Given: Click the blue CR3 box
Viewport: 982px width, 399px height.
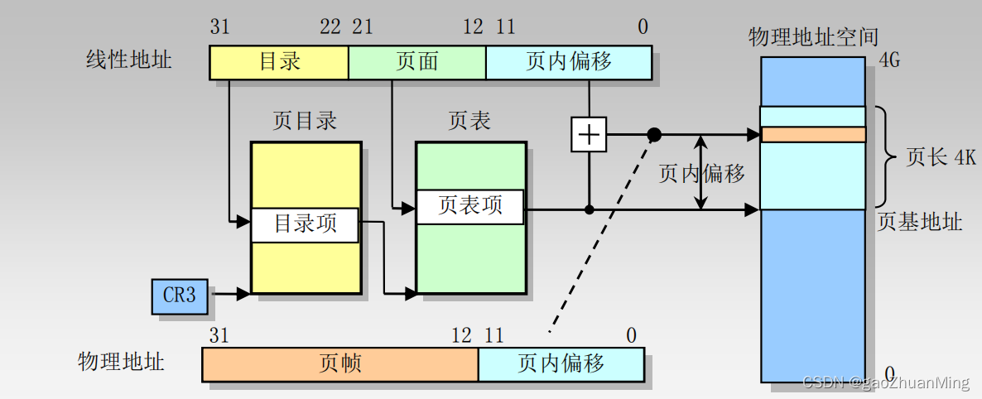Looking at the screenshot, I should click(180, 296).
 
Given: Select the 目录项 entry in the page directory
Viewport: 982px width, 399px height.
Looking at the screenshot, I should click(306, 224).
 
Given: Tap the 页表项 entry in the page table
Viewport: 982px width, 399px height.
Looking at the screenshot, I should click(470, 206).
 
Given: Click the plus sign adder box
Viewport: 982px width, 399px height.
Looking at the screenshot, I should click(588, 134).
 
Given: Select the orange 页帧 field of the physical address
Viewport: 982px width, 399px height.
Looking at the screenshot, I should click(339, 363).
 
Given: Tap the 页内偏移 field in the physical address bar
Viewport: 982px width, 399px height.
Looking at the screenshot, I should click(561, 363).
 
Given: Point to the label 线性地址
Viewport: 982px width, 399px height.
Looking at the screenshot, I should click(128, 60).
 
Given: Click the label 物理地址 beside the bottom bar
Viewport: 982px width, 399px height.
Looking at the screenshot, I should click(121, 363).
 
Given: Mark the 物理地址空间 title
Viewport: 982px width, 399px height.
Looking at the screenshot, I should click(813, 37).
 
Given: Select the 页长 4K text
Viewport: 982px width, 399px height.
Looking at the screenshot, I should click(940, 157).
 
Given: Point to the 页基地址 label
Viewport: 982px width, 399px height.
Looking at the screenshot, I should click(920, 222).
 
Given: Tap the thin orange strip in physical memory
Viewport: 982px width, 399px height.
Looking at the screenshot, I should click(812, 134).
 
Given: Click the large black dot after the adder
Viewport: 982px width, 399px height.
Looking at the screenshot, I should click(654, 134).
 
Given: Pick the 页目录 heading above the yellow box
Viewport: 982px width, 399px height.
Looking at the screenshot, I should click(305, 121).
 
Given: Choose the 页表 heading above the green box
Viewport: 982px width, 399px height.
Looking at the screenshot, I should click(469, 121).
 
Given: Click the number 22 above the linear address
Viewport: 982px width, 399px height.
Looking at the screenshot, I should click(330, 27).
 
